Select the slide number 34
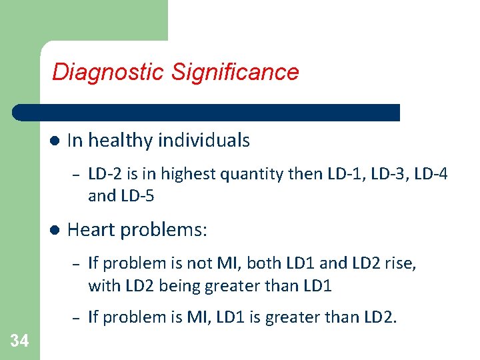(x=19, y=341)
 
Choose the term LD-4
(x=431, y=174)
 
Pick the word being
(x=172, y=286)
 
